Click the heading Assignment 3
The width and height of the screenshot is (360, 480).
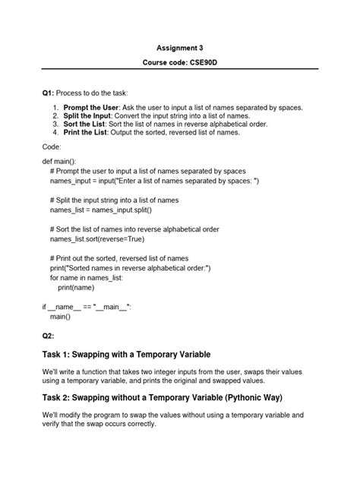[x=180, y=47]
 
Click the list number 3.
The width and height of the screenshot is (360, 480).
[x=55, y=124]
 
